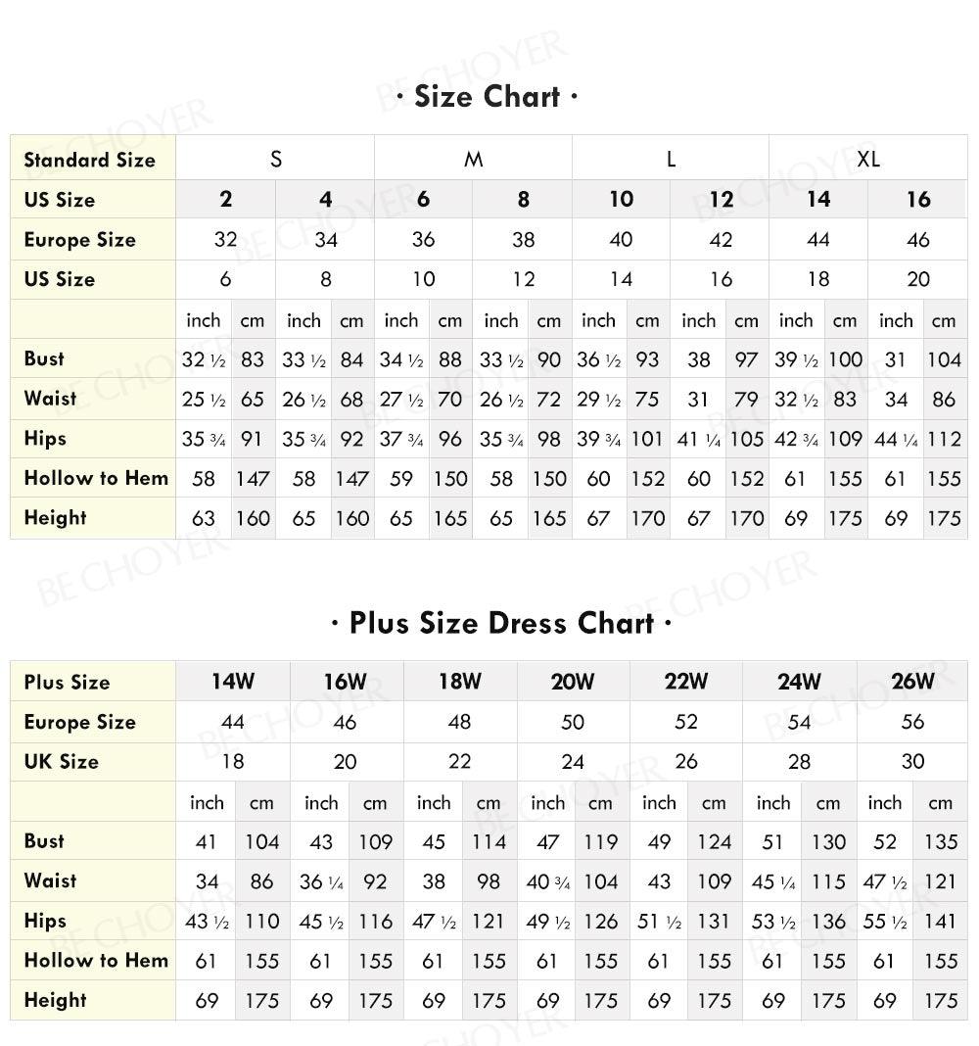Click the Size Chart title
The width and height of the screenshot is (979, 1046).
(x=488, y=97)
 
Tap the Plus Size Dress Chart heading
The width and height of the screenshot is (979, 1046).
(x=501, y=623)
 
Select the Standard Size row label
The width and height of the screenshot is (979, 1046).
(x=89, y=160)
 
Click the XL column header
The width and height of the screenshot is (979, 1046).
(x=867, y=159)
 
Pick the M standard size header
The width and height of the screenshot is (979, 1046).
(x=473, y=159)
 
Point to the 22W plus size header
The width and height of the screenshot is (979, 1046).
(x=686, y=681)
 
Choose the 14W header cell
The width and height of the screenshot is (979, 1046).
(x=233, y=681)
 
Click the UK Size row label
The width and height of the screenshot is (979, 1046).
(x=61, y=761)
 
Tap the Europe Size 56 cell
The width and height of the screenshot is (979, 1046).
(x=912, y=722)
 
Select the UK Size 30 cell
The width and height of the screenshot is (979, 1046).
(x=912, y=761)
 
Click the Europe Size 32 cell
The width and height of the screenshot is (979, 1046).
(x=225, y=240)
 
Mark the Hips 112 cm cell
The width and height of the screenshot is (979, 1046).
(x=944, y=439)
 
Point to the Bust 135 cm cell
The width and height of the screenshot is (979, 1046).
(x=941, y=841)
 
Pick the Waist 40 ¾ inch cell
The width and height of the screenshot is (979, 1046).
(x=548, y=881)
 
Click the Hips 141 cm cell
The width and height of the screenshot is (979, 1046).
(x=941, y=921)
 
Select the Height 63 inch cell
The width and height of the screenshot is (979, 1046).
(x=204, y=518)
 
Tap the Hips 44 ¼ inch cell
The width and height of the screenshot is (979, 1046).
(x=896, y=439)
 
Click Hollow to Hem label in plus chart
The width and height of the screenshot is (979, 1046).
(x=96, y=961)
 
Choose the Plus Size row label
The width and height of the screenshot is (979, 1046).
(x=67, y=682)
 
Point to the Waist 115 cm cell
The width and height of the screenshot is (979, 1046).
(x=828, y=881)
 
